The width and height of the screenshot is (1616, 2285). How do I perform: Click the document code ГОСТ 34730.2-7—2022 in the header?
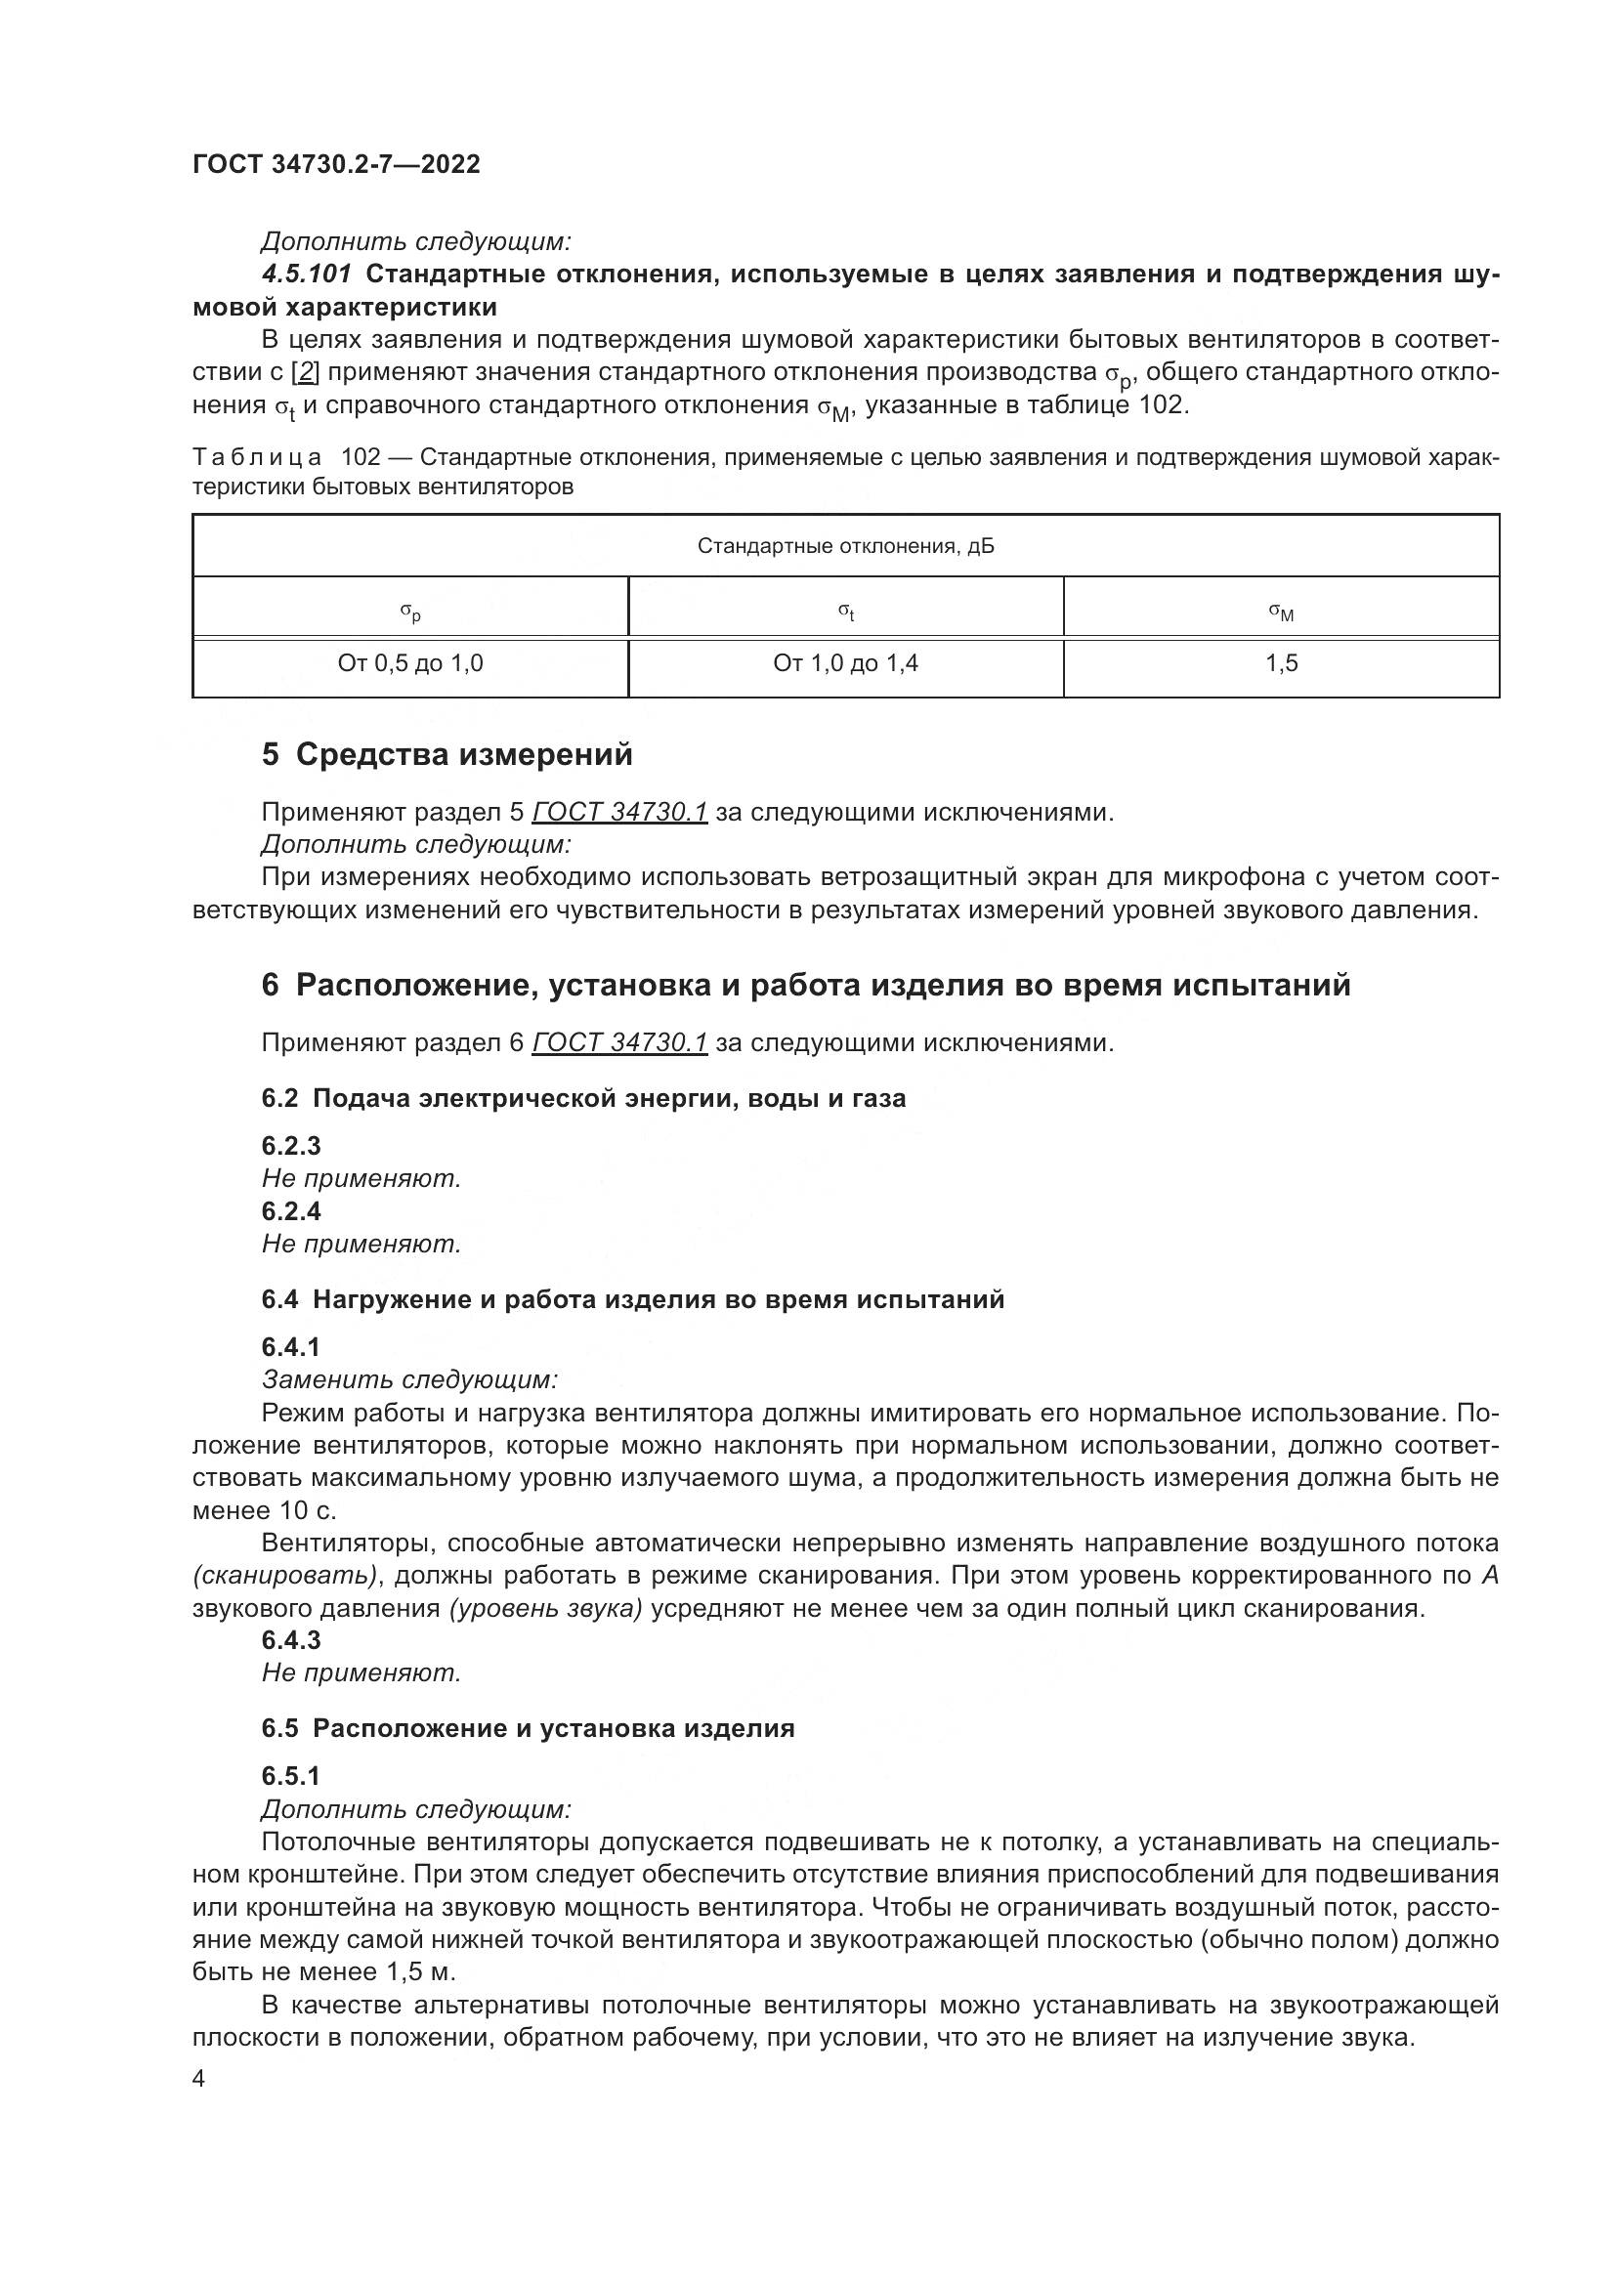pyautogui.click(x=336, y=164)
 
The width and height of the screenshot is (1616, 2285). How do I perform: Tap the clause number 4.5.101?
pyautogui.click(x=307, y=274)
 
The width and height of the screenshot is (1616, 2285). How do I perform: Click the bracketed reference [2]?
pyautogui.click(x=306, y=372)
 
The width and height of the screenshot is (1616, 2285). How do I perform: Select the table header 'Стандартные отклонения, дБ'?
pyautogui.click(x=845, y=546)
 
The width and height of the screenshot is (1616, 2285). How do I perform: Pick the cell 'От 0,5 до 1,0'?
pyautogui.click(x=410, y=662)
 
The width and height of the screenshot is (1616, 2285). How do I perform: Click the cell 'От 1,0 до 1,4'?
pyautogui.click(x=845, y=662)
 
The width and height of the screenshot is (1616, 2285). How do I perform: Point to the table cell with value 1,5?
pyautogui.click(x=1281, y=662)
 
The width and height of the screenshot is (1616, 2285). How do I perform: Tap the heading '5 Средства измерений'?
pyautogui.click(x=447, y=754)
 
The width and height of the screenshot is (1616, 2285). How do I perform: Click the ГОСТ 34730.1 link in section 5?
pyautogui.click(x=618, y=812)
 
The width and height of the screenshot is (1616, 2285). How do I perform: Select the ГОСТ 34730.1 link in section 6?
pyautogui.click(x=618, y=1042)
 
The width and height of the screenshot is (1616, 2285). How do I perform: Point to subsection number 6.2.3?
pyautogui.click(x=290, y=1146)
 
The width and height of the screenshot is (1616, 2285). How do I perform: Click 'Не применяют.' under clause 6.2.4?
pyautogui.click(x=361, y=1243)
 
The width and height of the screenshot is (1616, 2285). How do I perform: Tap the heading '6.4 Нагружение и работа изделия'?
pyautogui.click(x=633, y=1298)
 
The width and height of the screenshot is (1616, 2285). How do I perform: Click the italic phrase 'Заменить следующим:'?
pyautogui.click(x=409, y=1379)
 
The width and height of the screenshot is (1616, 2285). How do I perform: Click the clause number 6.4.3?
pyautogui.click(x=290, y=1639)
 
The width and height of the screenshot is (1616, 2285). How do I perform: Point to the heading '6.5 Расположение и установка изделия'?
pyautogui.click(x=528, y=1728)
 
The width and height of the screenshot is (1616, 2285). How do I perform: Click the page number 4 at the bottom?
pyautogui.click(x=199, y=2079)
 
